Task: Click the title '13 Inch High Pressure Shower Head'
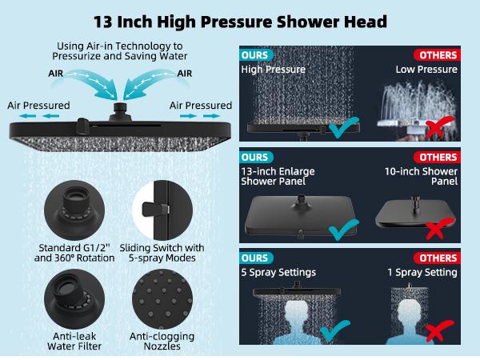click(240, 21)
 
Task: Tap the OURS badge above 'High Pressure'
click(257, 55)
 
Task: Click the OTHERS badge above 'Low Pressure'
click(437, 55)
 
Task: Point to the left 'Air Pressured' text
click(38, 106)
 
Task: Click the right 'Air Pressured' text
click(201, 106)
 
